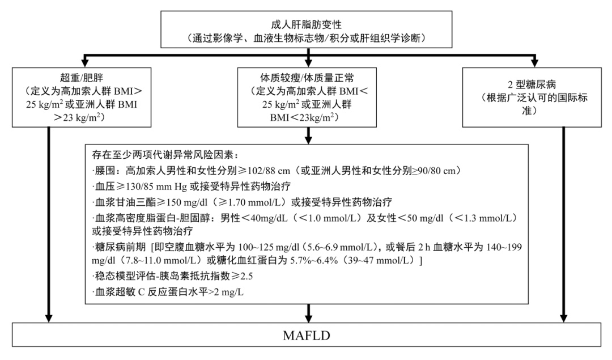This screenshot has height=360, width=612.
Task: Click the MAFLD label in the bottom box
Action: click(306, 334)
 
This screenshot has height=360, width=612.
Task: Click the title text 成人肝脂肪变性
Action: click(307, 25)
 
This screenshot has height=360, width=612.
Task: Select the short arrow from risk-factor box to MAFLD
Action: click(308, 312)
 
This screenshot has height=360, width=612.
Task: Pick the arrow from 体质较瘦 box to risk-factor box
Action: click(308, 134)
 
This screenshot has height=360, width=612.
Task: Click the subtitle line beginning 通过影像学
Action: click(307, 39)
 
